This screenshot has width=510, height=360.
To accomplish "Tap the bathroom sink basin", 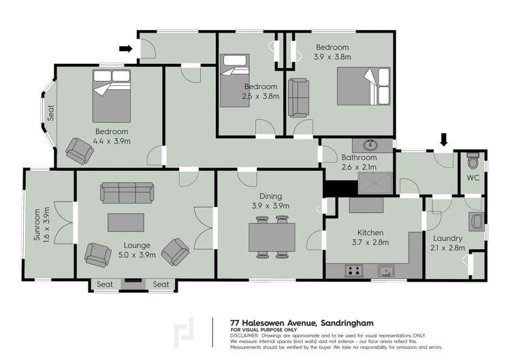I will coord(372,145).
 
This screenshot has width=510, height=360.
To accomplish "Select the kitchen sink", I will coord(385,271).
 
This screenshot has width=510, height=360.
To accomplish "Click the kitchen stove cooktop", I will coord(354,271).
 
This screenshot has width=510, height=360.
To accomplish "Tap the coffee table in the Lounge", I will coord(127,223).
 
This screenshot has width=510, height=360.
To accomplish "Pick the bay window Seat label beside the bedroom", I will coord(50,111).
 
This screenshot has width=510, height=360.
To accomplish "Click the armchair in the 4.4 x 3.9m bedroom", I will coord(80,150).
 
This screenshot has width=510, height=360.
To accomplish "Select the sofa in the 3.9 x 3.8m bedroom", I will coord(298,97).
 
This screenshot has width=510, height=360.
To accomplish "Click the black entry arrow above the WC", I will coord(444,140).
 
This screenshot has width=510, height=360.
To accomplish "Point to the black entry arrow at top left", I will coord(125,48).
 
